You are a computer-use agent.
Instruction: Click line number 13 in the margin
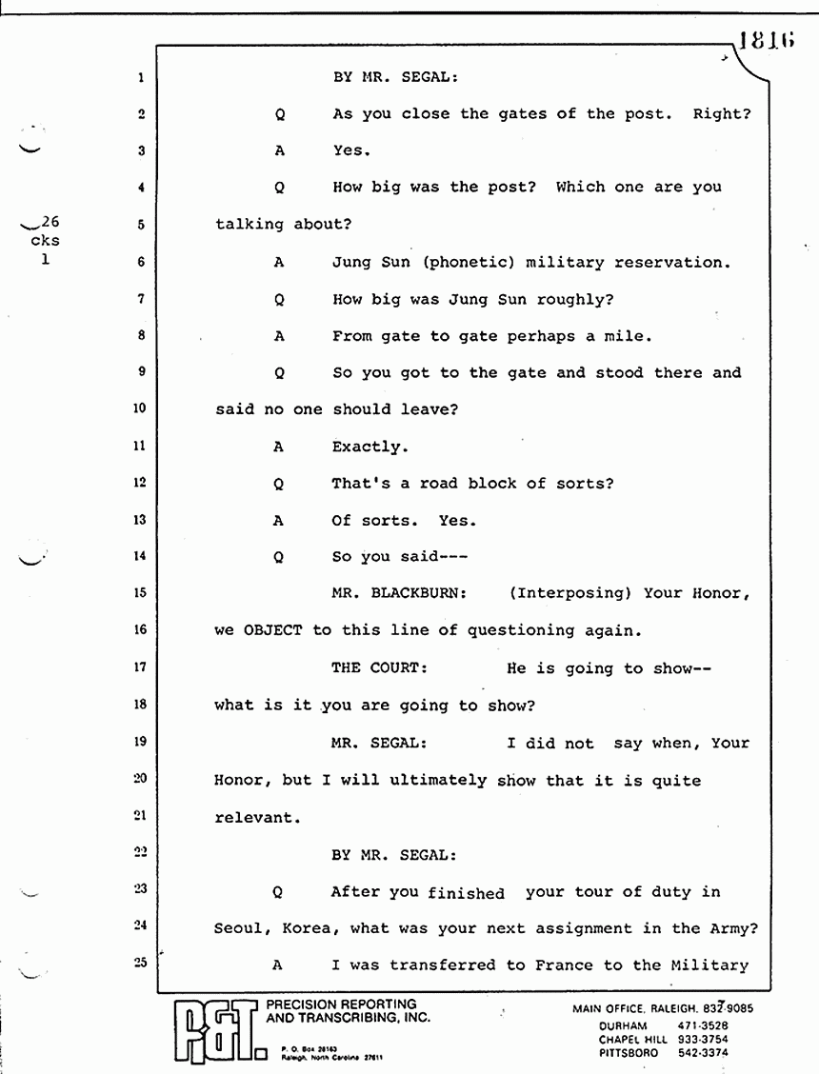(x=139, y=520)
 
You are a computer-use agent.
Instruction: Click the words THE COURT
(x=379, y=668)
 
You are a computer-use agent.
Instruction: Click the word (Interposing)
(x=570, y=593)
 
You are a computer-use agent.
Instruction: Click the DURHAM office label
(x=625, y=1025)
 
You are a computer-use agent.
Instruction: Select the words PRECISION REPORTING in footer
(x=341, y=1004)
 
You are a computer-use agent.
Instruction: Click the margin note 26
(x=48, y=225)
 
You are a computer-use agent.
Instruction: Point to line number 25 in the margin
(x=139, y=964)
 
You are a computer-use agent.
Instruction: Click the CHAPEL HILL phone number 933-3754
(x=702, y=1039)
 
